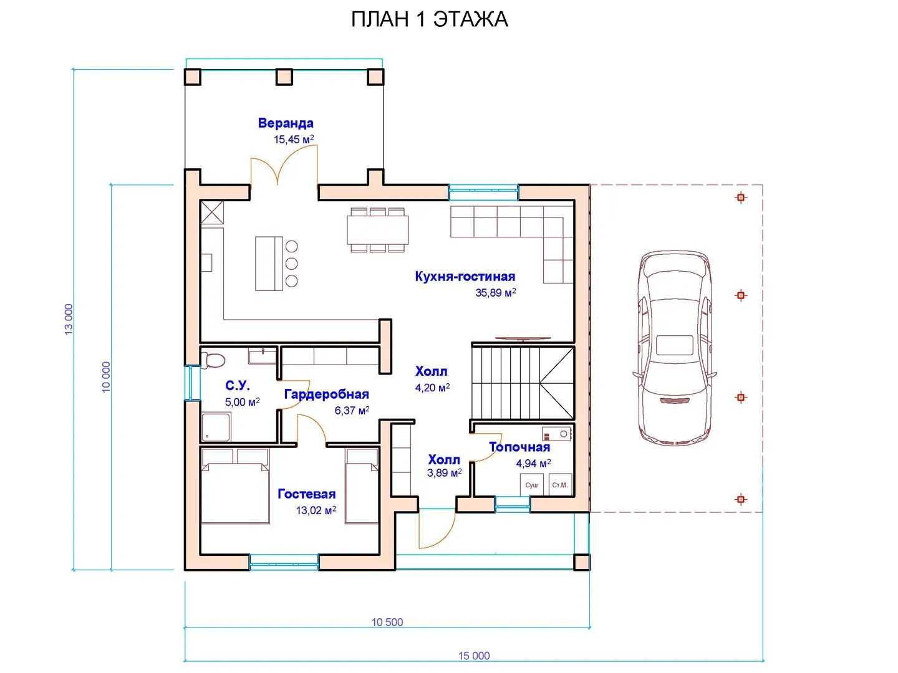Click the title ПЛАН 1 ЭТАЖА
click(429, 19)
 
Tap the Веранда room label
click(286, 123)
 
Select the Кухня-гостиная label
click(465, 276)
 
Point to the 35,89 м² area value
click(495, 293)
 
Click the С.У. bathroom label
click(238, 385)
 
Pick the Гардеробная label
click(327, 394)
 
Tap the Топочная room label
click(519, 447)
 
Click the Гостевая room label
click(306, 494)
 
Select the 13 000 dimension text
click(69, 319)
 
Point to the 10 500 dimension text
click(387, 622)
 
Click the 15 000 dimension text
click(474, 656)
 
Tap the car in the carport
click(674, 348)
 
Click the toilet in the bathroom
click(212, 360)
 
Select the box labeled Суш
click(531, 485)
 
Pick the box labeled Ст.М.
click(560, 485)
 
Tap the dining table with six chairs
click(377, 230)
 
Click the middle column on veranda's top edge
click(284, 77)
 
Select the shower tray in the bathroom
click(216, 427)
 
